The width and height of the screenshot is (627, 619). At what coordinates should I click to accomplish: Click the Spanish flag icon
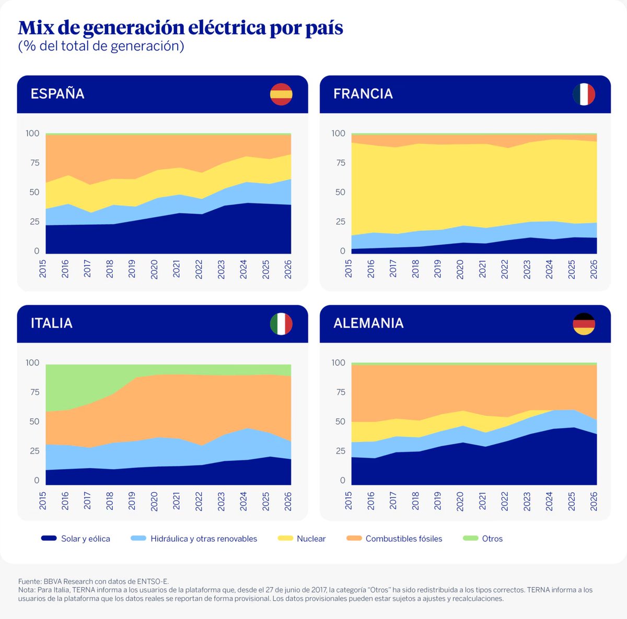281,94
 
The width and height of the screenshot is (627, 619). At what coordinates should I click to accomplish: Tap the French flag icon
584,94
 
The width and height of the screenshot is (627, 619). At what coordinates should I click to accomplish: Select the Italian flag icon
281,324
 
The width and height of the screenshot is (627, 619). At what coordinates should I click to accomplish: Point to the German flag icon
584,324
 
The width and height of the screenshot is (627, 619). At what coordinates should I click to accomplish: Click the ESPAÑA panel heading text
57,94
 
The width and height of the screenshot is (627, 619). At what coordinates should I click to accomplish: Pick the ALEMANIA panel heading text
368,323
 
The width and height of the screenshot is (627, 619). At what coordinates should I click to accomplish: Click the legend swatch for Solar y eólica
49,538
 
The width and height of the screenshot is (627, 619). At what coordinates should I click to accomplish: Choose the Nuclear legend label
311,539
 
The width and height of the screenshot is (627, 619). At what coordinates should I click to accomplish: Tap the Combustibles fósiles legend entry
403,539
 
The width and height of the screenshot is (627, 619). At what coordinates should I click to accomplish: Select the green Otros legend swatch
471,538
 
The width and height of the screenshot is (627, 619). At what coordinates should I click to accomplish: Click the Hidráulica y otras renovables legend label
204,539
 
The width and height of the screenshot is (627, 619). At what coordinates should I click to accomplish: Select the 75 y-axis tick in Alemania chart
341,392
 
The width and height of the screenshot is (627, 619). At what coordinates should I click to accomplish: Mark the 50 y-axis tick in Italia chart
34,421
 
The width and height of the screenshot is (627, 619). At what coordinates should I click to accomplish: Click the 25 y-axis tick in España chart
34,221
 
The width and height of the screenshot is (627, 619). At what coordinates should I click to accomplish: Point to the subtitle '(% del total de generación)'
101,46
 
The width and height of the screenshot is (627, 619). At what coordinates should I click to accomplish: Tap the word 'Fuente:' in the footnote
30,581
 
